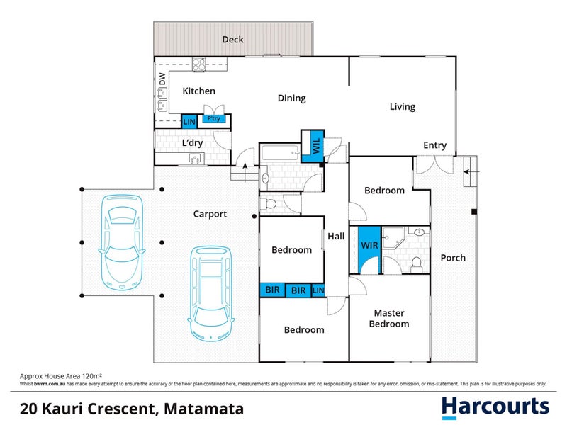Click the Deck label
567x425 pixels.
coord(232,40)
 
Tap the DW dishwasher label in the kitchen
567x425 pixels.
coord(162,80)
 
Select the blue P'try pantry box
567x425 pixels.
coord(213,119)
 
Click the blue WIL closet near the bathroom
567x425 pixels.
coord(313,147)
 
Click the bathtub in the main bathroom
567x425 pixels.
coord(280,153)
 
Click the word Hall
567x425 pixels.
coord(336,236)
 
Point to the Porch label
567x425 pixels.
coord(453,258)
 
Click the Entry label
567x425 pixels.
coord(434,145)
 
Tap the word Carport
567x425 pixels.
coord(210,214)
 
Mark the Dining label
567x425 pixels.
coord(291,98)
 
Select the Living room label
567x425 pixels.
coord(402,107)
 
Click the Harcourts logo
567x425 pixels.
coord(495,407)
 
